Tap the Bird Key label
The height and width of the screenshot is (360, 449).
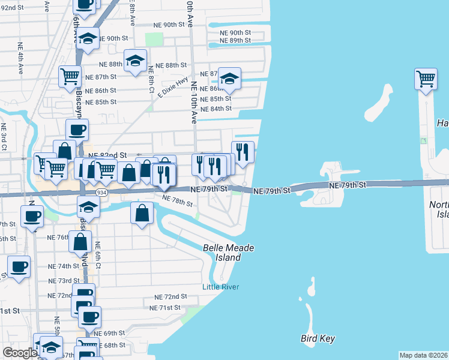(x=318, y=338)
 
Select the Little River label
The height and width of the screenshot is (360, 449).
(x=220, y=287)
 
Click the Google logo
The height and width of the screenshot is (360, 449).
(x=19, y=353)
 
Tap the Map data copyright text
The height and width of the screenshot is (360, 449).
(x=423, y=355)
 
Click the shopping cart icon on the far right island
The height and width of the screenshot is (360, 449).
(x=426, y=78)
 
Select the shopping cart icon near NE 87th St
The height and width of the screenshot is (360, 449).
(x=70, y=76)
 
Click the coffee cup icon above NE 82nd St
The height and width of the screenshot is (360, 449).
(x=77, y=129)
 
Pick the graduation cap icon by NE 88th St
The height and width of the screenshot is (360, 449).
(x=136, y=59)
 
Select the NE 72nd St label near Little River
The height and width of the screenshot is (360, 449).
(x=170, y=297)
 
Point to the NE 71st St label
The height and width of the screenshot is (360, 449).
(x=165, y=308)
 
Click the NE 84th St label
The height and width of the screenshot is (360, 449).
(x=216, y=109)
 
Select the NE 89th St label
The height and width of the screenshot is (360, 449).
(x=235, y=40)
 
